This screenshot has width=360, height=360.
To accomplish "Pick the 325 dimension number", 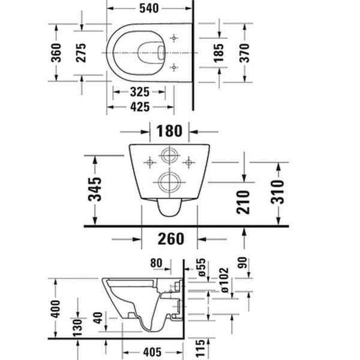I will (x=139, y=93).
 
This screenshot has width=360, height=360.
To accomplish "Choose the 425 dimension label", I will (x=139, y=108).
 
